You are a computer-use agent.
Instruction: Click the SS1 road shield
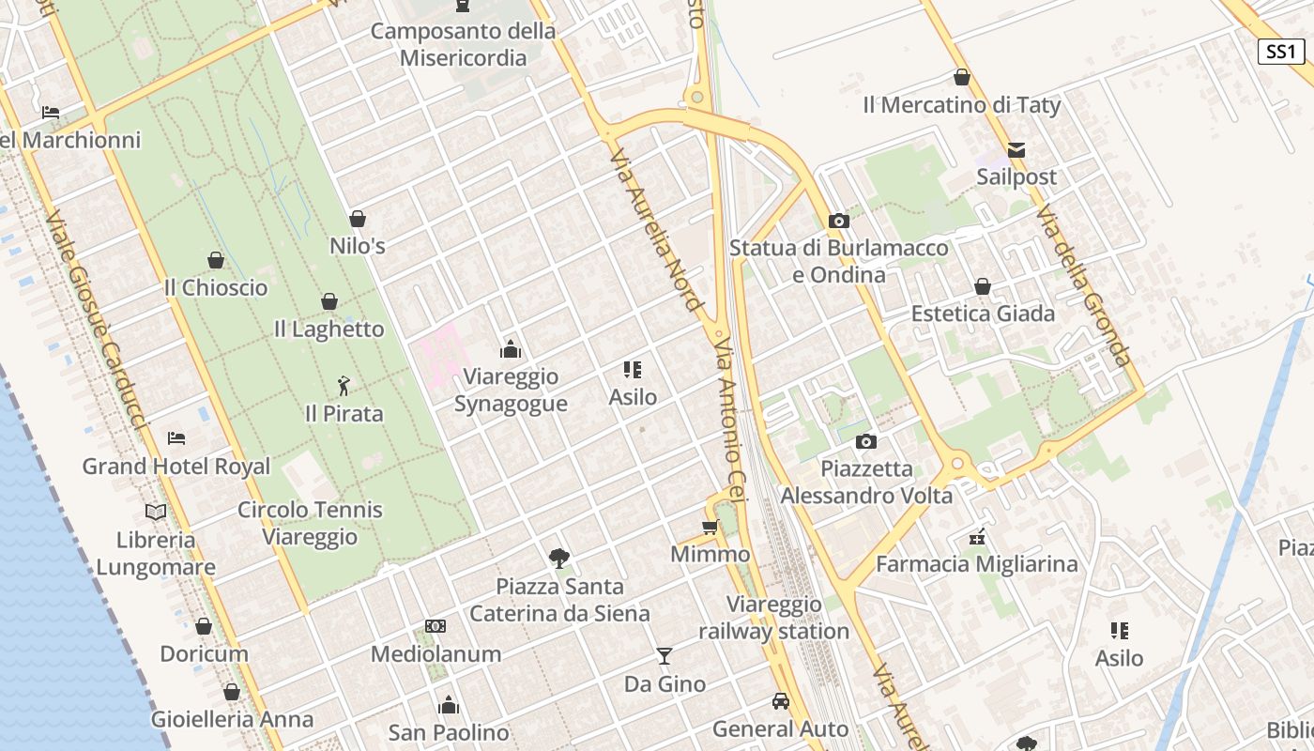click(1281, 51)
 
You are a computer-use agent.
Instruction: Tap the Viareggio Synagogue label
click(511, 390)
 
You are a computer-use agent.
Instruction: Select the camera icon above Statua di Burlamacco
click(838, 222)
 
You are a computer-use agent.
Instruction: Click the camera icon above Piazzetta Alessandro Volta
click(865, 441)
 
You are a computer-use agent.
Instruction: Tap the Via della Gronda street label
click(1085, 286)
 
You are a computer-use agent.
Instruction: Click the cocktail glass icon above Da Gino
click(665, 655)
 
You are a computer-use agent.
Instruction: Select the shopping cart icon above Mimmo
click(710, 527)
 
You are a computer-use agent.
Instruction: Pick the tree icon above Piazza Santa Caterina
click(559, 559)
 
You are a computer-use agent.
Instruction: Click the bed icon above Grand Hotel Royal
click(176, 437)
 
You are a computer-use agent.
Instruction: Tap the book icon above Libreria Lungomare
click(156, 512)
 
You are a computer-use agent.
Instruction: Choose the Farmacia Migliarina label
click(976, 564)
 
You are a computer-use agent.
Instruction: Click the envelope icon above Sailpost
click(1016, 149)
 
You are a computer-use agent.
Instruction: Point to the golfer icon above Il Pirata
click(344, 385)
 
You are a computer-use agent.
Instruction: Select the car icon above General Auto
click(780, 700)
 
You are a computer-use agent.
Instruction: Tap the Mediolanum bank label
click(435, 653)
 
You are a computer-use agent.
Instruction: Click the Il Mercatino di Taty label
click(961, 105)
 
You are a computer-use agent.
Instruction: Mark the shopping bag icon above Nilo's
click(357, 219)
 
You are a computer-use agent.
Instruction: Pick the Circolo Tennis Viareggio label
click(310, 523)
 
